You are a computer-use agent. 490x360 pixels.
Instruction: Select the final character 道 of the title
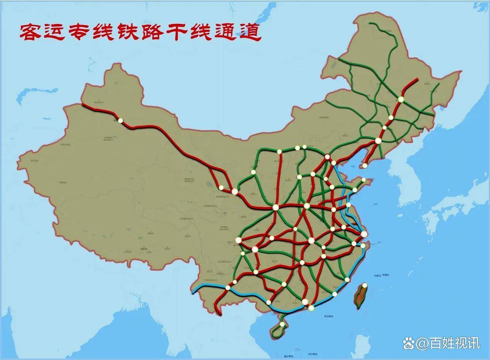pos(249,33)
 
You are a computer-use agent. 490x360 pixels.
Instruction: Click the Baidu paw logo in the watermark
pos(408,343)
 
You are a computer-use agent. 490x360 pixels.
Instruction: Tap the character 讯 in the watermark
pos(473,343)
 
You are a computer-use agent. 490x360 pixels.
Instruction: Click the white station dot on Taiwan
pos(365,285)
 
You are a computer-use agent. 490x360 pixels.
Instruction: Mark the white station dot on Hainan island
pos(282,325)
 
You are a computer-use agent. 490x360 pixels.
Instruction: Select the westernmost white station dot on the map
pos(121,120)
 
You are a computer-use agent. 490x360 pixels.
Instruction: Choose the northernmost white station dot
pos(401,99)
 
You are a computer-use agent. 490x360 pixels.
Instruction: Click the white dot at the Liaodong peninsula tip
pos(365,166)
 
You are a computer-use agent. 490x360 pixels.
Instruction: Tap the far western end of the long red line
pos(83,104)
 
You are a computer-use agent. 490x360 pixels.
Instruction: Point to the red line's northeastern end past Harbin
pos(417,80)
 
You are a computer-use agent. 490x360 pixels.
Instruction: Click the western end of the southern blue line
pos(193,293)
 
